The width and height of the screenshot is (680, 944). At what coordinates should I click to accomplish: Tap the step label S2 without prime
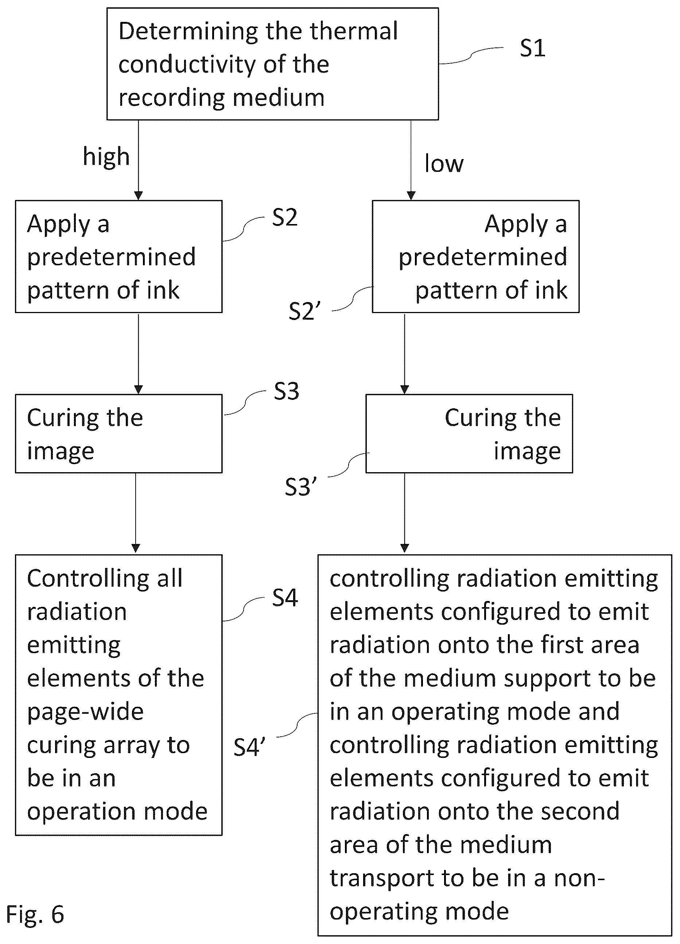pos(285,217)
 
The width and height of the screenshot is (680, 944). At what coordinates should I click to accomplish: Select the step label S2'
pos(304,311)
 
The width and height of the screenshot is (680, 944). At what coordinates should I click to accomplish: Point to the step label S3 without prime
pos(287,391)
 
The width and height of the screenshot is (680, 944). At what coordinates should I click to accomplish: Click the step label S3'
pos(301,487)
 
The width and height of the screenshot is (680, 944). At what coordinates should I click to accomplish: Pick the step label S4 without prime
pos(285,598)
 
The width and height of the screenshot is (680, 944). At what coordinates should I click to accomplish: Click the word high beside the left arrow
pos(106,157)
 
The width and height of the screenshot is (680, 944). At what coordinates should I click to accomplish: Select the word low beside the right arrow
pos(444,163)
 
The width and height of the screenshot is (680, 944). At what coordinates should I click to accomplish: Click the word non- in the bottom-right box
pos(579,878)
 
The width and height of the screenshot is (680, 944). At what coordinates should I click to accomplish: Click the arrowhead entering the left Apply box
pos(139,196)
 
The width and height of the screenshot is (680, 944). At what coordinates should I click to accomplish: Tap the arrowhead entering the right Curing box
pos(405,390)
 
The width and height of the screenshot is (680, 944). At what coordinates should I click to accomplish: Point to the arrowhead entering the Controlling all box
pos(136,548)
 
